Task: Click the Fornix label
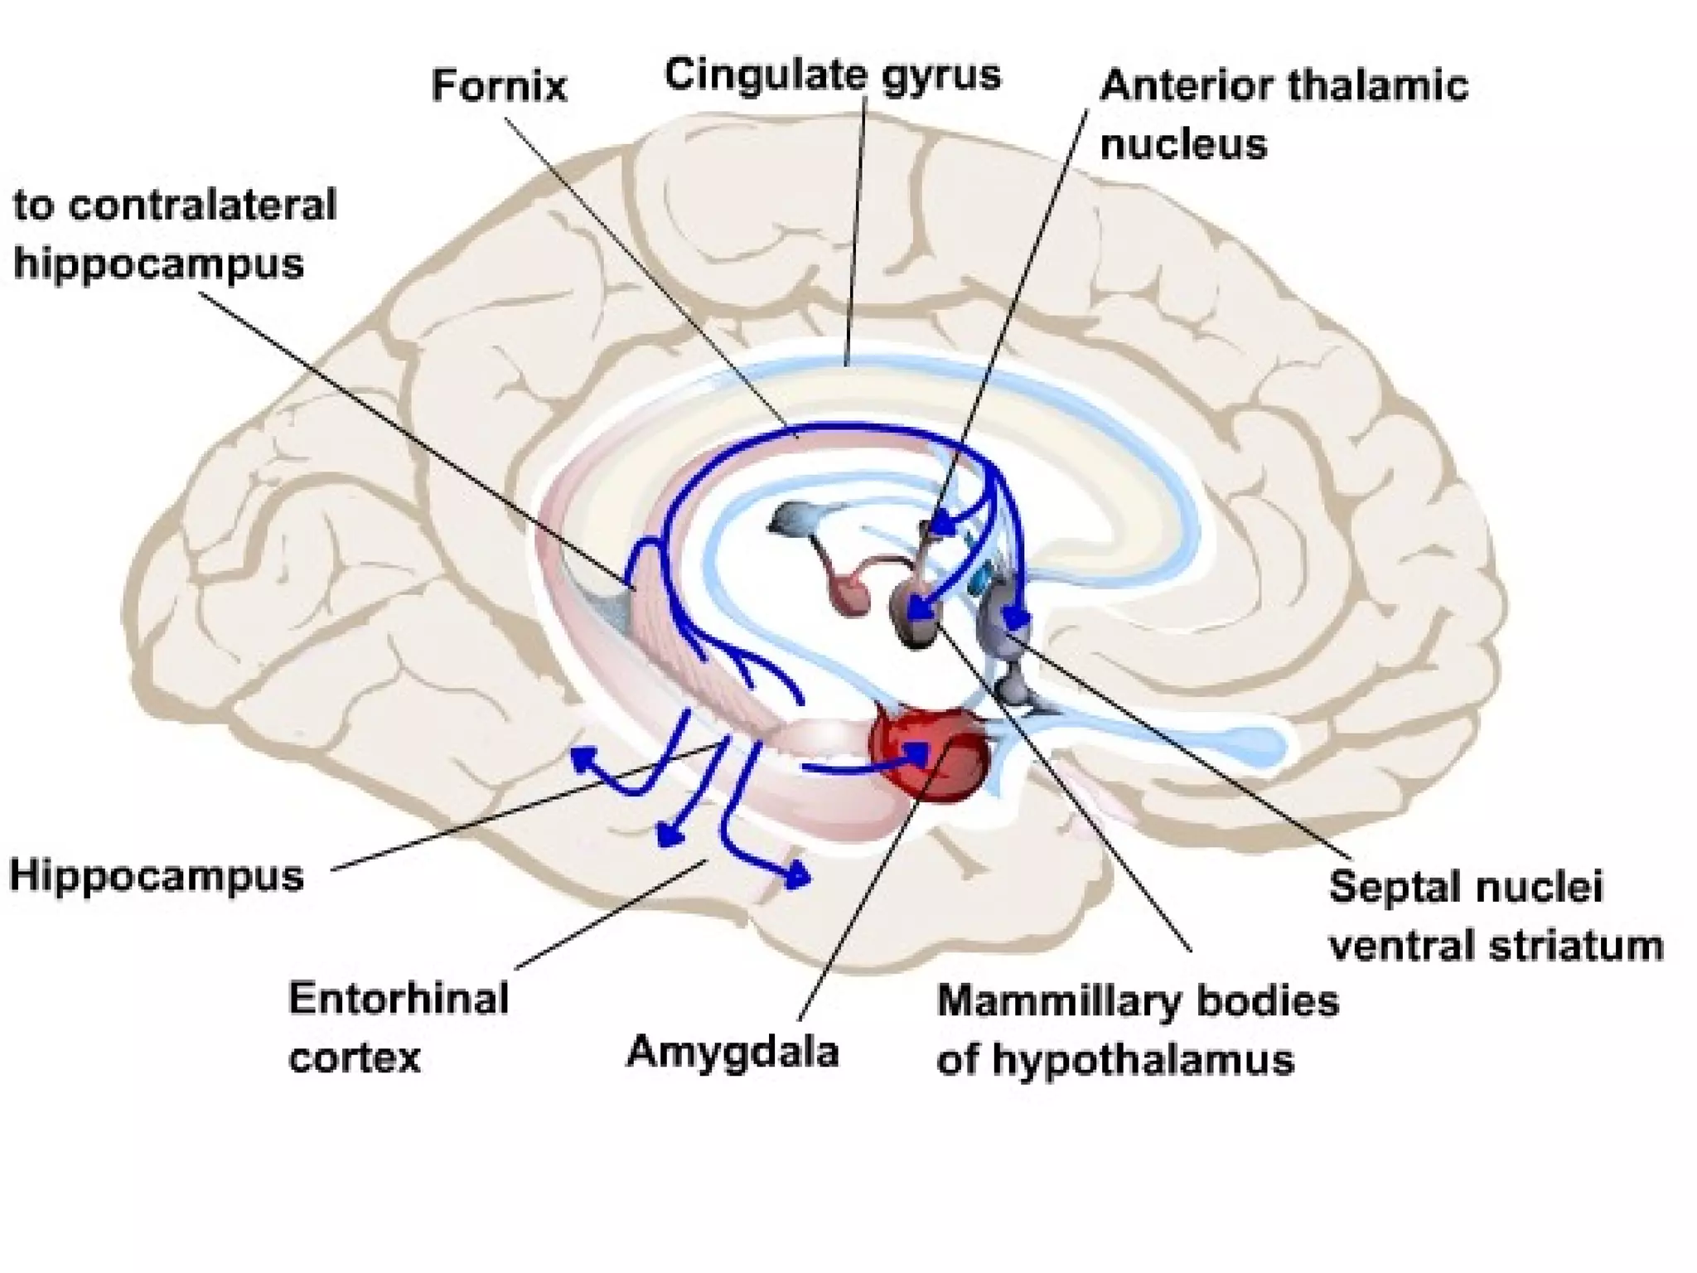pos(499,86)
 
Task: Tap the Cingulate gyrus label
pos(832,75)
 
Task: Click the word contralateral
pos(202,205)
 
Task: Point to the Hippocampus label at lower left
pos(157,876)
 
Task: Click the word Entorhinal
pos(399,999)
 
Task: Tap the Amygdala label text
pos(732,1053)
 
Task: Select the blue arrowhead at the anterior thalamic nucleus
pos(942,525)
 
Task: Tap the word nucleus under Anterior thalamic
pos(1183,145)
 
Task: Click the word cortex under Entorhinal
pos(354,1058)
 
